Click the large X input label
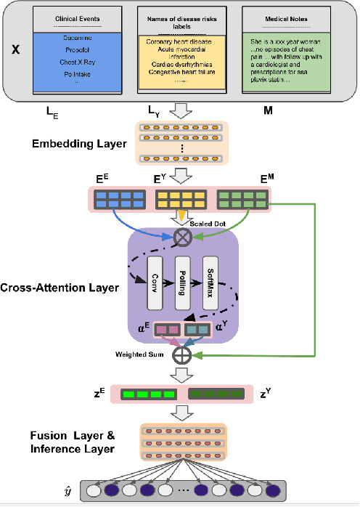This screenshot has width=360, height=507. (x=16, y=52)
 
